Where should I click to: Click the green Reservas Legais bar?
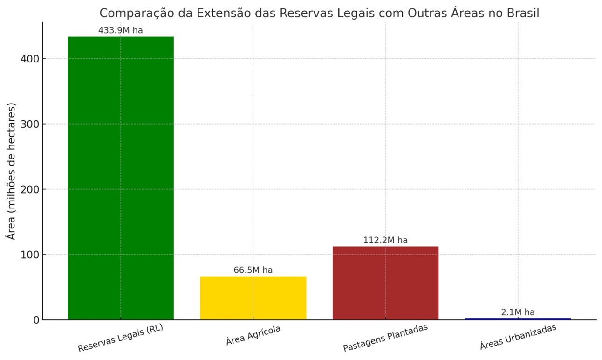click(x=121, y=177)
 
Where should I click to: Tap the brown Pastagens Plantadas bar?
click(x=385, y=283)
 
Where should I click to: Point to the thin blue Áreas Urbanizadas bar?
click(x=518, y=319)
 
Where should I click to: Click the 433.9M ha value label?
click(x=120, y=31)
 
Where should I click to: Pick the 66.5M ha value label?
click(x=253, y=270)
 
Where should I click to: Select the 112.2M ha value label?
click(x=385, y=240)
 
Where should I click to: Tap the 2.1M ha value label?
click(x=518, y=312)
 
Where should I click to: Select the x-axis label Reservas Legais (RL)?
click(x=121, y=339)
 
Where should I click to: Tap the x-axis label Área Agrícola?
click(x=253, y=336)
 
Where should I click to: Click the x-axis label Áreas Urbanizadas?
click(x=518, y=337)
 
